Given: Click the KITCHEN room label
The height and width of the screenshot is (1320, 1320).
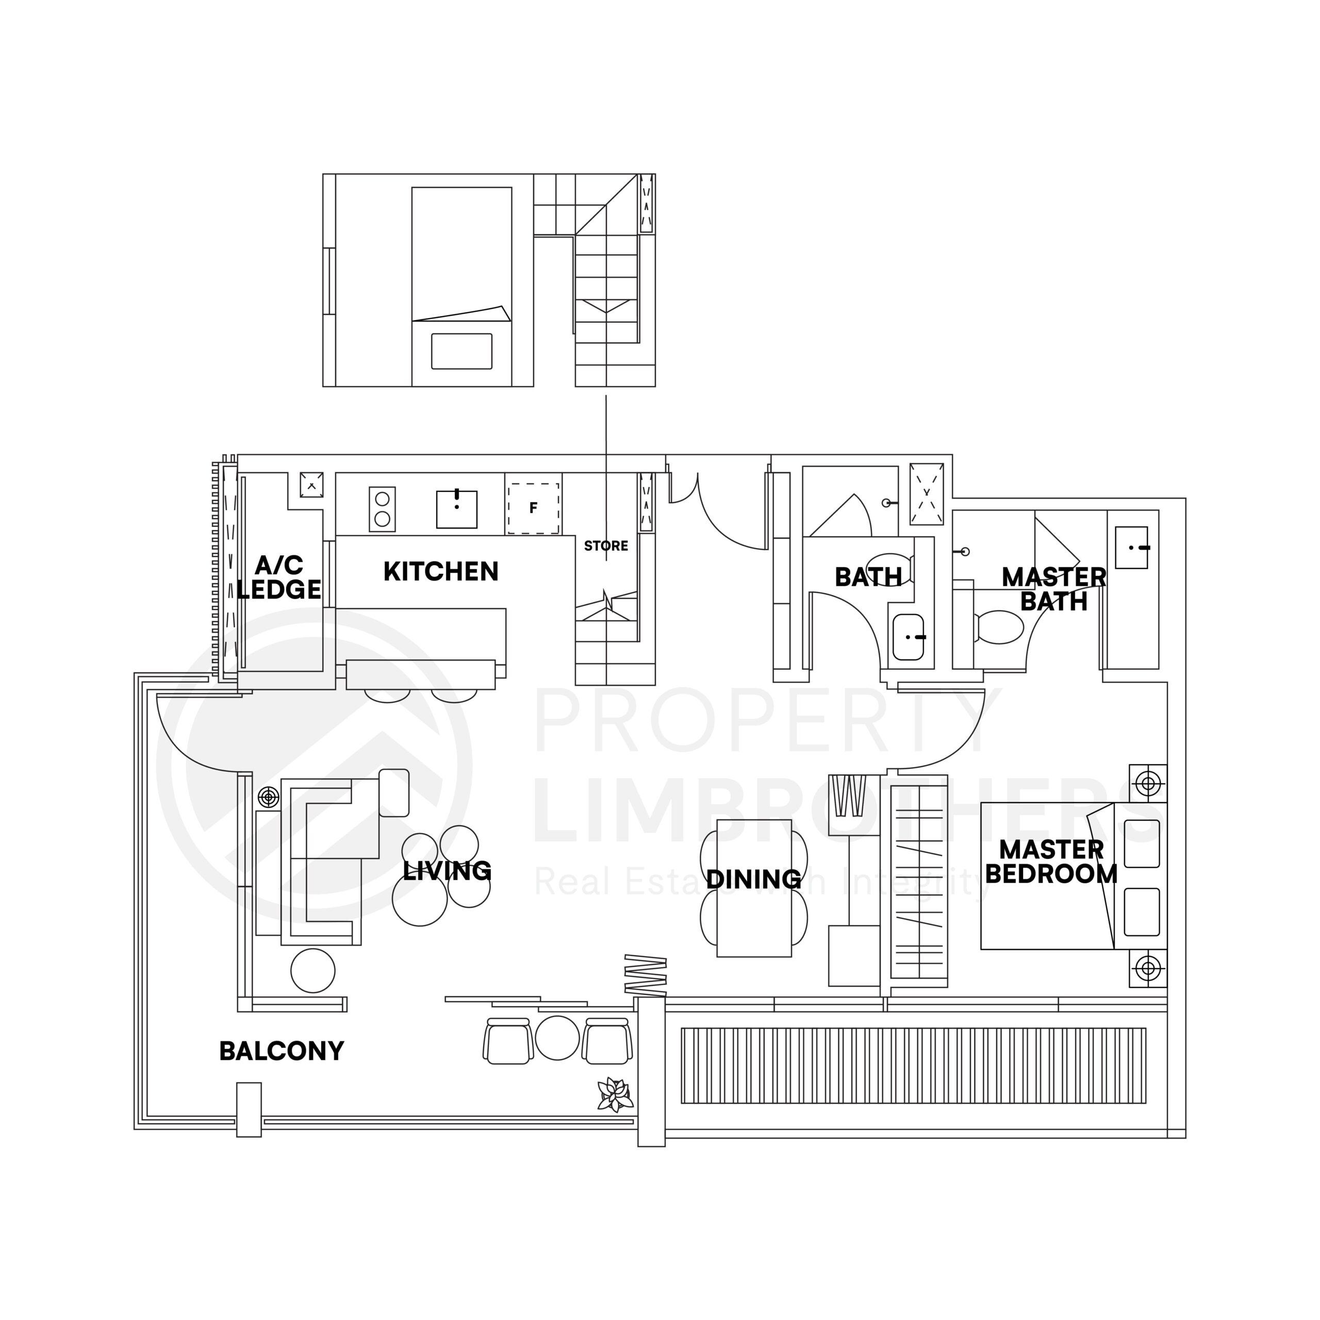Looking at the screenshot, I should (x=441, y=572).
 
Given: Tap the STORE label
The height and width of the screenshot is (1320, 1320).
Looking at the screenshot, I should (x=606, y=546).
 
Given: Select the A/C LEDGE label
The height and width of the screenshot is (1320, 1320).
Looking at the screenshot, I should (x=279, y=577).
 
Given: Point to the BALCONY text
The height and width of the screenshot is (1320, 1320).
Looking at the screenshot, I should (x=282, y=1051).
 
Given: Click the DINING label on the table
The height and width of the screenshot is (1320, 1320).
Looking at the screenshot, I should (x=754, y=879).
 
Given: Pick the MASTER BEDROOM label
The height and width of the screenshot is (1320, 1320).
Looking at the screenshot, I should (x=1051, y=862).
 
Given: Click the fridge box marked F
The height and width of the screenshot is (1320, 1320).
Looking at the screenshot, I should (x=534, y=508).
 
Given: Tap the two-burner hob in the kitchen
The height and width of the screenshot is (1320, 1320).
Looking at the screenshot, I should (x=382, y=509).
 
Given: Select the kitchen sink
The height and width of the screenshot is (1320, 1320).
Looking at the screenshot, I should (x=456, y=509).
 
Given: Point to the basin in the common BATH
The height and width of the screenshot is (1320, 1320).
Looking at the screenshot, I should (x=908, y=637).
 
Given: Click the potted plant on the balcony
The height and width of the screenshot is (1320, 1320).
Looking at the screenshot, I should (x=615, y=1095).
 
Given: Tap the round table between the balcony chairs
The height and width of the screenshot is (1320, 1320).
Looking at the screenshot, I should (x=557, y=1037).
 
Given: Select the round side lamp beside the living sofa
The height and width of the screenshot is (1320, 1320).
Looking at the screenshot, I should (x=269, y=797).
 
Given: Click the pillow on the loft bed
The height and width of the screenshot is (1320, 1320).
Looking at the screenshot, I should (x=461, y=351).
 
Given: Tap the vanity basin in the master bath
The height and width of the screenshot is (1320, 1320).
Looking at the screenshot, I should (x=1131, y=547).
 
